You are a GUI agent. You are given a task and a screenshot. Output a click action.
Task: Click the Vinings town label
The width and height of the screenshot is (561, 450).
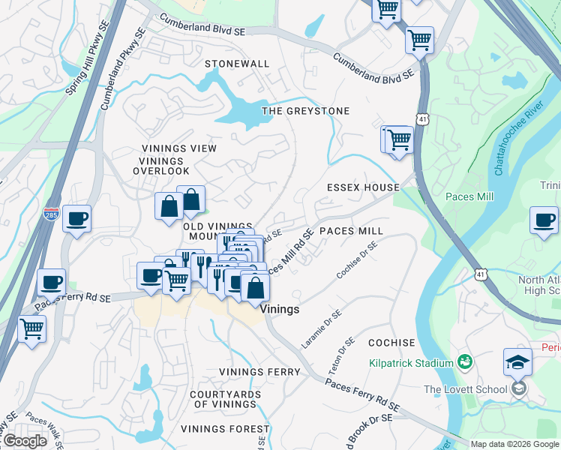[280, 309]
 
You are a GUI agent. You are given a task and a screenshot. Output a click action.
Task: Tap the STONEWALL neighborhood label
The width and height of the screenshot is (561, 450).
[237, 64]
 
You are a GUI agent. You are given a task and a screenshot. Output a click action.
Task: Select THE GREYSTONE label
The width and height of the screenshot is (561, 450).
[305, 111]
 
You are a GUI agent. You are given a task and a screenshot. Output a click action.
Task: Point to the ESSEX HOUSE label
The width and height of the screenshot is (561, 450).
[362, 187]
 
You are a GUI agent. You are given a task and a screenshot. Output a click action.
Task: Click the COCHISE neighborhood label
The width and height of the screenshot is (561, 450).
[391, 342]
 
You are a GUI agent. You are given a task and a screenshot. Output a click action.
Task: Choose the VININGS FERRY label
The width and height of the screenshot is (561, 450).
[259, 372]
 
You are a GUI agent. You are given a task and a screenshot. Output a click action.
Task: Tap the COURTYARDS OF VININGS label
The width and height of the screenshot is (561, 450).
[225, 399]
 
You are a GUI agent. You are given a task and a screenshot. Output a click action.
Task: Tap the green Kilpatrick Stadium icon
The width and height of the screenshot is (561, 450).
[464, 362]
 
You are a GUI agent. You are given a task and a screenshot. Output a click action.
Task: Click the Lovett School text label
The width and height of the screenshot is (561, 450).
[466, 389]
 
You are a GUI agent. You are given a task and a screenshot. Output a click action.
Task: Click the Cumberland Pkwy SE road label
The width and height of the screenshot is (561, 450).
[121, 69]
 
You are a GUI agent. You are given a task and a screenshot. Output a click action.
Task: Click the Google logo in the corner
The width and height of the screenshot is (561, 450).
[25, 441]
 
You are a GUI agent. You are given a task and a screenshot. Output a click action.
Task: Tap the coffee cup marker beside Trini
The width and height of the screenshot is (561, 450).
[544, 220]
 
